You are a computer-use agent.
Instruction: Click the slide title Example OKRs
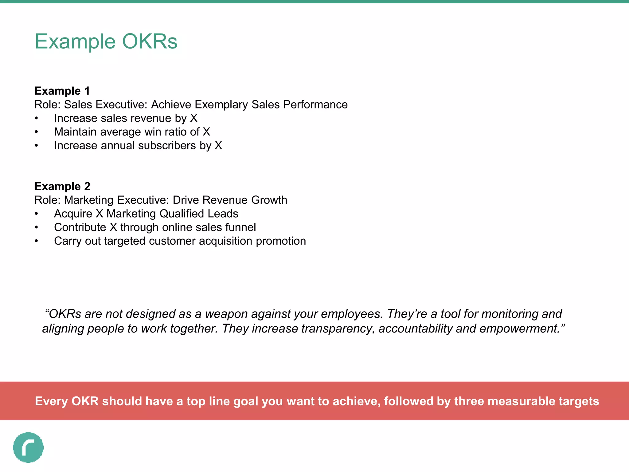tap(106, 41)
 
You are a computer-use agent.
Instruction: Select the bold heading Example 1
tap(62, 91)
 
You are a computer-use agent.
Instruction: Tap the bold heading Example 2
tap(62, 187)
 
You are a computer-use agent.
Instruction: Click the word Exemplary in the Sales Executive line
tap(221, 105)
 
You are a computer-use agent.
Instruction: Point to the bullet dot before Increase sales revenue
tap(37, 118)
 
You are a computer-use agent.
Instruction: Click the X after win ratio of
tap(206, 132)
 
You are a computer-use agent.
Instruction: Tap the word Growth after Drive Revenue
tap(269, 200)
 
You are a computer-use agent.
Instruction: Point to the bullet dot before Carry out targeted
tap(37, 241)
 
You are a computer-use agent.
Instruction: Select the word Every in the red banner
tap(52, 401)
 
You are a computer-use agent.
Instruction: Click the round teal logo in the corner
tap(28, 447)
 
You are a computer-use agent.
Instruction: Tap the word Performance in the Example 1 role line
tap(315, 105)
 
